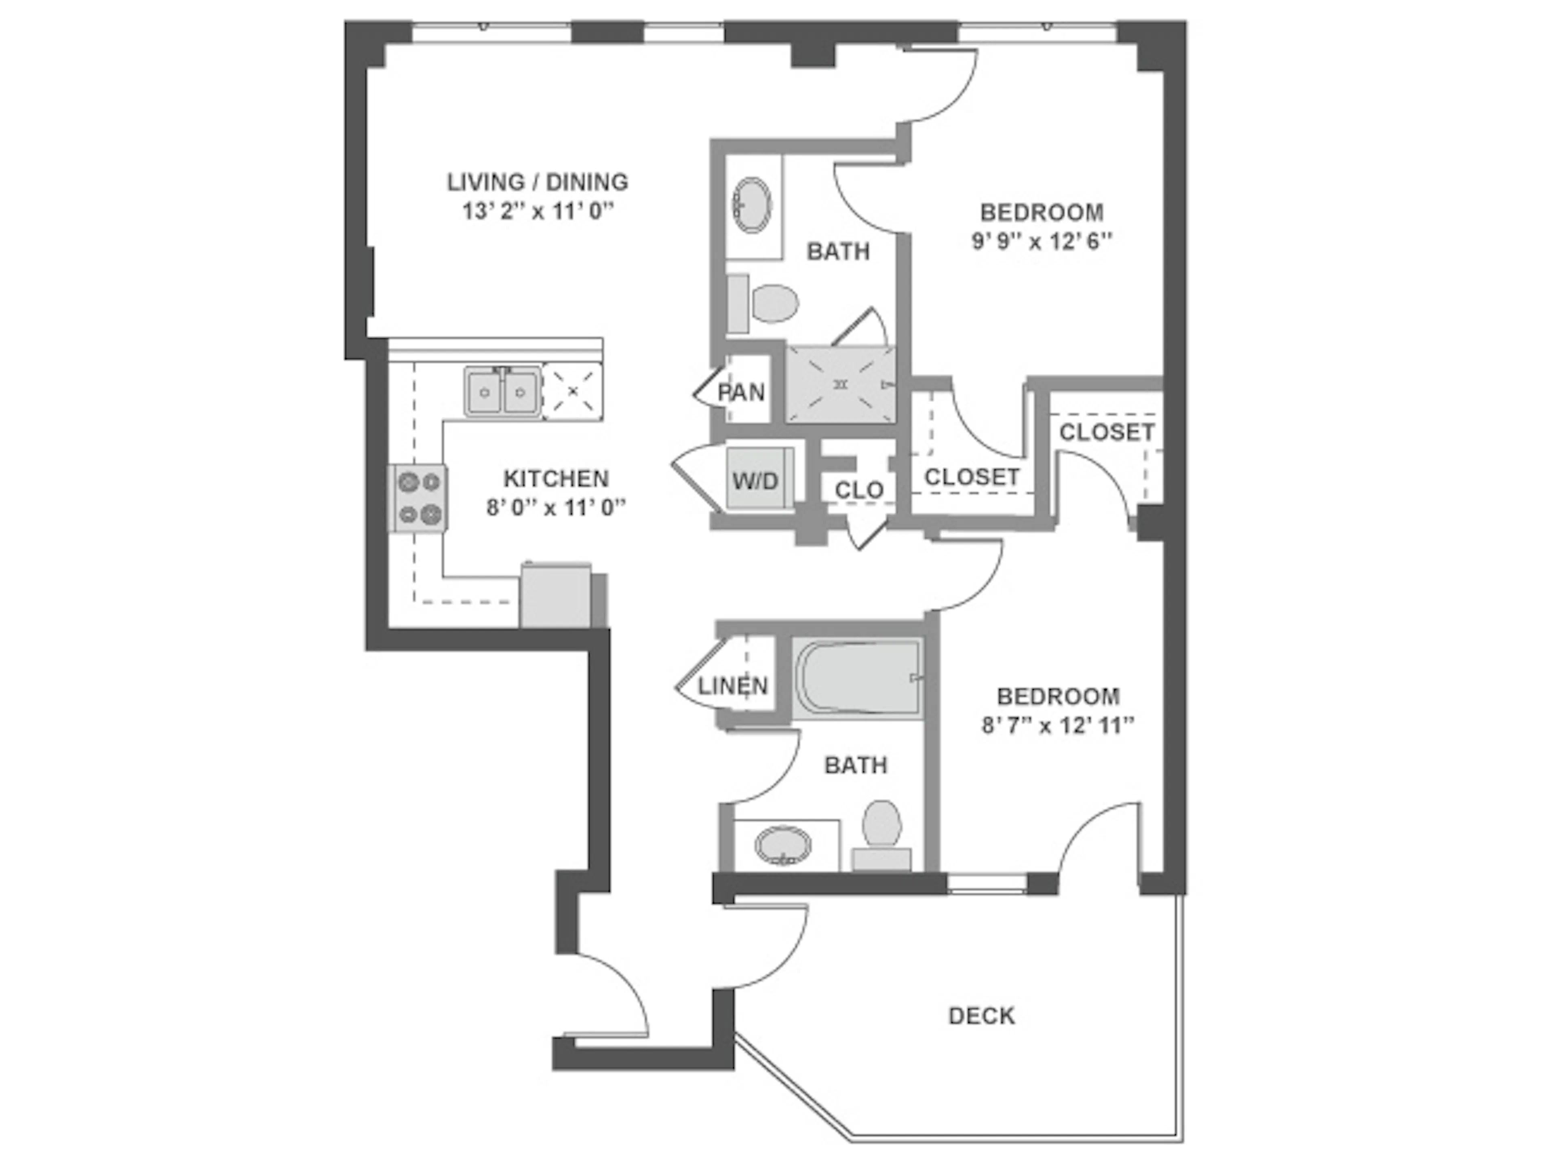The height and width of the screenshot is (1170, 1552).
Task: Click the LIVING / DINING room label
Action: point(538,182)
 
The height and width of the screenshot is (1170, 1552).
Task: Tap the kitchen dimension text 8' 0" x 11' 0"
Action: point(556,507)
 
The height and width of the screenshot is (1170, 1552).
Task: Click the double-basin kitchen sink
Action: point(502,391)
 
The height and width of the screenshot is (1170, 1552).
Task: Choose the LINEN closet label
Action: point(732,685)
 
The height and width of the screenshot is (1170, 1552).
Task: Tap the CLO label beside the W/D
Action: point(859,489)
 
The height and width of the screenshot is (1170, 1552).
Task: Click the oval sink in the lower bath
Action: point(783,845)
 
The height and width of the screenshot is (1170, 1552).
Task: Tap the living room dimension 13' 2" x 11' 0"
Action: point(538,211)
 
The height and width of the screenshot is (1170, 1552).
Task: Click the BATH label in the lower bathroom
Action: point(855,765)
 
